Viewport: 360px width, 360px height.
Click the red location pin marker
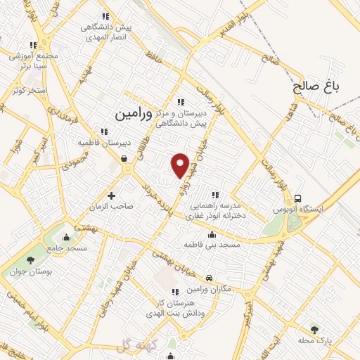(181, 165)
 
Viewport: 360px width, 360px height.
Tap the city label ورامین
(133, 112)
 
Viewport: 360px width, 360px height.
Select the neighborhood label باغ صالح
(316, 86)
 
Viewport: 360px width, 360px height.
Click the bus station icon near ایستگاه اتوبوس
(299, 198)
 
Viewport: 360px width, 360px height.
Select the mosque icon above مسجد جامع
(66, 236)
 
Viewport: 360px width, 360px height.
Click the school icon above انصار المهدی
(105, 15)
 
